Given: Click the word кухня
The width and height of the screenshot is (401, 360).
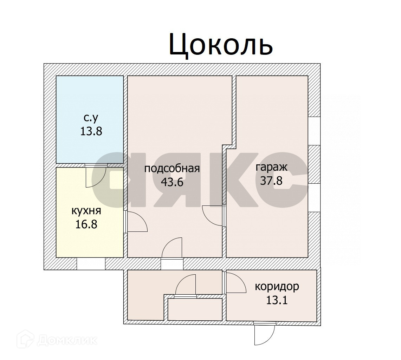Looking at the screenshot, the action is [86, 211].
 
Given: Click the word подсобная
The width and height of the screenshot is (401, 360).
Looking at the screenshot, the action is [172, 169].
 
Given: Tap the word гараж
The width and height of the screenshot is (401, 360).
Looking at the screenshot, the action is [271, 167].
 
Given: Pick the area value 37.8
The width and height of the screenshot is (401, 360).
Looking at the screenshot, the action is [271, 181].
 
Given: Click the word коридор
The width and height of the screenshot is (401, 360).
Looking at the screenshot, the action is [277, 287].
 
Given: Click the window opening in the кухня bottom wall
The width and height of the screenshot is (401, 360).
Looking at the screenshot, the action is [91, 264].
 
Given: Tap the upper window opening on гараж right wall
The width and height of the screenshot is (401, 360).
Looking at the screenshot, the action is [314, 131].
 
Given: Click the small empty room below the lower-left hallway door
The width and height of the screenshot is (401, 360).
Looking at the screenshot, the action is [195, 309].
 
